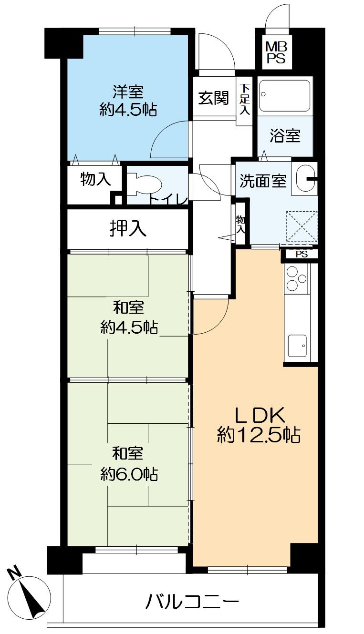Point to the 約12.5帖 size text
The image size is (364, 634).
point(259,435)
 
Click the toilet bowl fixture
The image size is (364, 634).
point(143,184)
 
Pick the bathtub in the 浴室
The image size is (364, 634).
point(285,95)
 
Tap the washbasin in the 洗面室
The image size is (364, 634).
point(304,179)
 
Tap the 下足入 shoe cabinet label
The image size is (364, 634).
point(244,99)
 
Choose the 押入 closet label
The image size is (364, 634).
point(127,229)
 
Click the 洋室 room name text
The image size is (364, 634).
point(128,91)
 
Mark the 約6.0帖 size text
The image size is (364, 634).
point(129,474)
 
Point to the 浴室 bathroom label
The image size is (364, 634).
point(285,136)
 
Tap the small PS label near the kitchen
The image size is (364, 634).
point(302,254)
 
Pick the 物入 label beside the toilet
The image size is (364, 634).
point(96,179)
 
